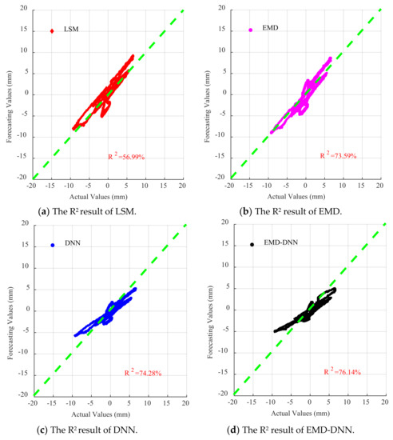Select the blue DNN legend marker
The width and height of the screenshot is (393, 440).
pos(53,245)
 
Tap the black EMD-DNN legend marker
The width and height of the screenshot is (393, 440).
pos(252,244)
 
